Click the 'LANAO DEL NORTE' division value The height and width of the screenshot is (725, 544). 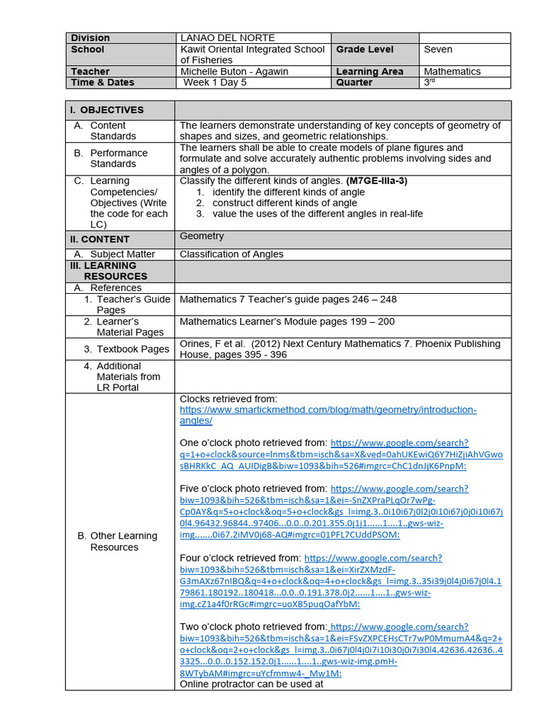click(x=227, y=38)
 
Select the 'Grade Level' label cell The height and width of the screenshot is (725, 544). click(x=365, y=50)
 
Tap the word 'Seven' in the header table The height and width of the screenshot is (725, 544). click(x=438, y=50)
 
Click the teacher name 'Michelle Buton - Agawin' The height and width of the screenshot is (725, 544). click(x=235, y=72)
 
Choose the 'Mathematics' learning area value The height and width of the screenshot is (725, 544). click(x=452, y=72)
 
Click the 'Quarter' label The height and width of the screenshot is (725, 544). click(x=354, y=82)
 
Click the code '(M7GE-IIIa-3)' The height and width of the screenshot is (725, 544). click(x=377, y=181)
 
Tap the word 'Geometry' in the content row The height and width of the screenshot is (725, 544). click(x=201, y=236)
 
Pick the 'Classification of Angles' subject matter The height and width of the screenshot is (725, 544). click(x=231, y=254)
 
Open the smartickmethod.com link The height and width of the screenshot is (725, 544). click(x=328, y=415)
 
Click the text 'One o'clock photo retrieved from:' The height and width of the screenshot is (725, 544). click(x=253, y=443)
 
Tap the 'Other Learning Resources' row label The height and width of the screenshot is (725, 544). click(x=117, y=542)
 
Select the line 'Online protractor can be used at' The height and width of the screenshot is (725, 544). click(x=251, y=684)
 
